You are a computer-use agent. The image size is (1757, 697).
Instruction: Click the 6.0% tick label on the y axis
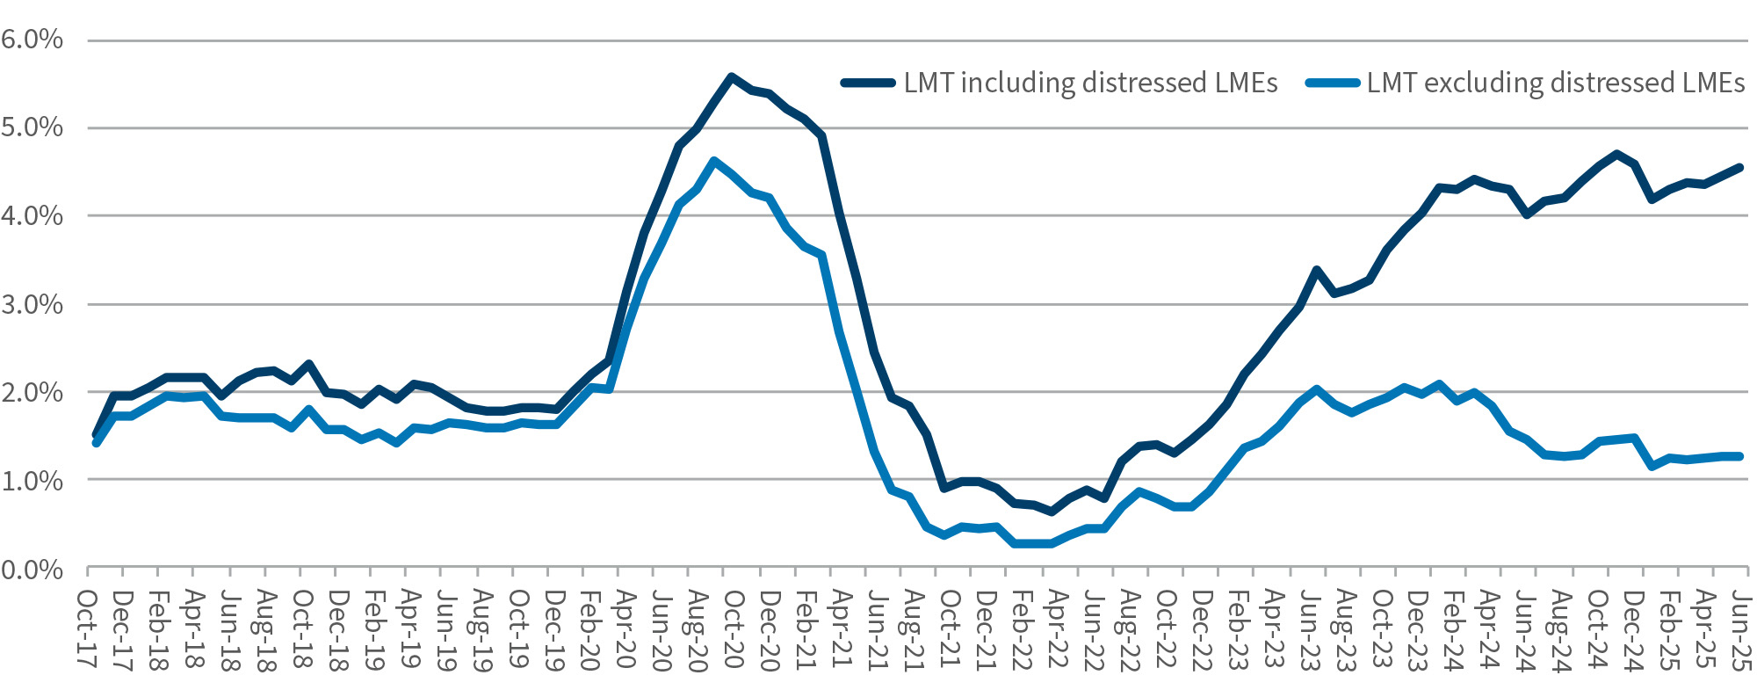pos(33,40)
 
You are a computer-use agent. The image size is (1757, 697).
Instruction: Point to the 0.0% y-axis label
pos(33,570)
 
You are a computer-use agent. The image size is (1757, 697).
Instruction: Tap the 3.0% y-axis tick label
pos(33,305)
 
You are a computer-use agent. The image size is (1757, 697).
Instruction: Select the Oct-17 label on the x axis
pos(88,629)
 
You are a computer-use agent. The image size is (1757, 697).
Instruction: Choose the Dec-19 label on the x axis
pos(553,629)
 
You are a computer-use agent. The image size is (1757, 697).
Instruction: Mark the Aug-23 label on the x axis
pos(1343,629)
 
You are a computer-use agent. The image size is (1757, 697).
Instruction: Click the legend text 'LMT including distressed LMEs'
pos(1090,83)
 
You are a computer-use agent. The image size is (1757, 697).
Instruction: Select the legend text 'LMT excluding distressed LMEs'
pos(1556,83)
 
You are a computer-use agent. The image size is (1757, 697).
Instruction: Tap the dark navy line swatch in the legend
pos(868,83)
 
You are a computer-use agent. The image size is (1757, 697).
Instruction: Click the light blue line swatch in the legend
pos(1332,83)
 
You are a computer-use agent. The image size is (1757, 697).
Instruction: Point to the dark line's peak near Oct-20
pos(731,76)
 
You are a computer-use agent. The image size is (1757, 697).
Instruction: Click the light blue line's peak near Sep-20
pos(713,161)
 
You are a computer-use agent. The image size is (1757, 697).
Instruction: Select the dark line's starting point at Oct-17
pos(96,435)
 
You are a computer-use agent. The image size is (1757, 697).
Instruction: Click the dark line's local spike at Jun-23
pos(1316,270)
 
